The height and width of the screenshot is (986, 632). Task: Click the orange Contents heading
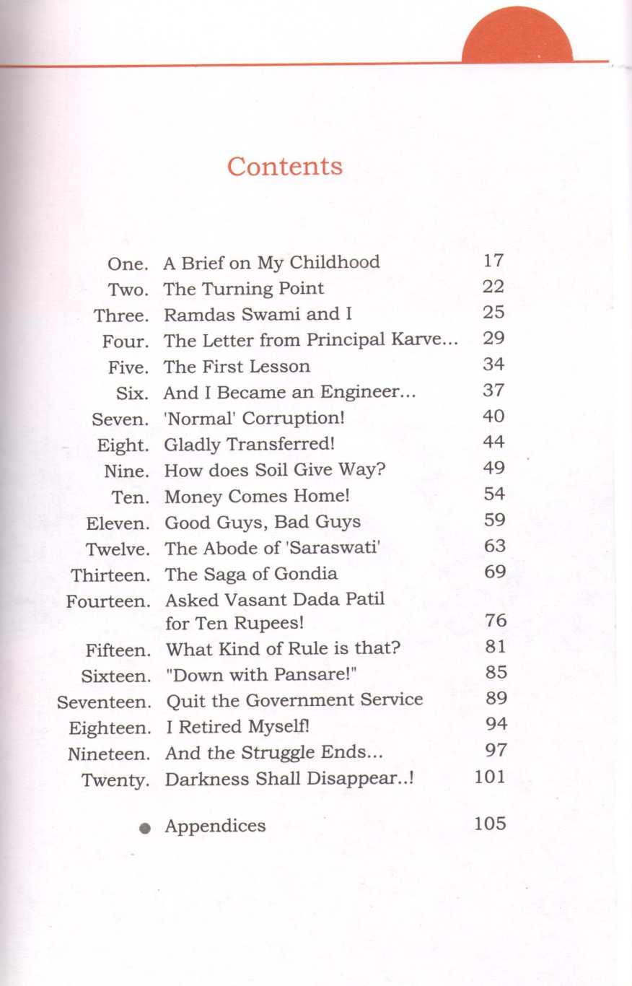tap(285, 166)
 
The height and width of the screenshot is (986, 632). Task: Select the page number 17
tap(493, 261)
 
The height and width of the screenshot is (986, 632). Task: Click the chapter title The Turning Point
tap(244, 289)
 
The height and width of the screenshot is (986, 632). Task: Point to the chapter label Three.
tap(121, 315)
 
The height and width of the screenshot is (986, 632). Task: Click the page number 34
tap(493, 365)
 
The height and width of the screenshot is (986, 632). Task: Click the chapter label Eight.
tap(123, 445)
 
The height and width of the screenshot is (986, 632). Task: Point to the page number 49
tap(494, 468)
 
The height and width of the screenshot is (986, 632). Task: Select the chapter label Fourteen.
tap(109, 601)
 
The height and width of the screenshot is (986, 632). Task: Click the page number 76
tap(496, 621)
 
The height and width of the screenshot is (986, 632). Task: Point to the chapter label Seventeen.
tap(105, 702)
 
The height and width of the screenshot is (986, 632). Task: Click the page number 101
tap(490, 777)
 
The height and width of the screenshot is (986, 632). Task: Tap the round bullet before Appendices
tap(145, 829)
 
